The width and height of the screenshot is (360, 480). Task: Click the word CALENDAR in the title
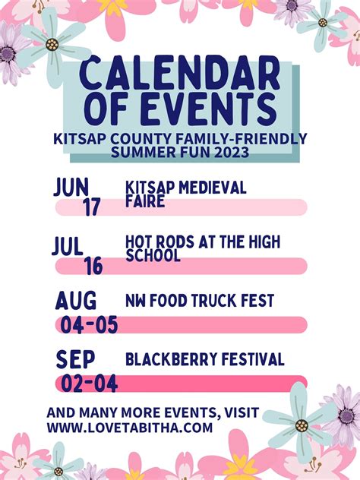tap(179, 74)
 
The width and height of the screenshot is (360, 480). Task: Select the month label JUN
tap(72, 187)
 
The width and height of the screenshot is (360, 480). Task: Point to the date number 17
tap(92, 206)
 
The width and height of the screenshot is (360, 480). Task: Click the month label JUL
tap(68, 246)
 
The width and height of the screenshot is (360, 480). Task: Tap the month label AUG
tap(76, 301)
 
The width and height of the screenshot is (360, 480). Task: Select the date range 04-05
tap(90, 325)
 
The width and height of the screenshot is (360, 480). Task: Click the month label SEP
tap(74, 359)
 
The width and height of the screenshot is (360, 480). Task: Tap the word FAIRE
tap(145, 202)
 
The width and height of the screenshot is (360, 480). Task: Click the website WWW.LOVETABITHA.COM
tap(129, 428)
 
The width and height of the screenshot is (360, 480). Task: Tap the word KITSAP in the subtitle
tap(79, 139)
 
